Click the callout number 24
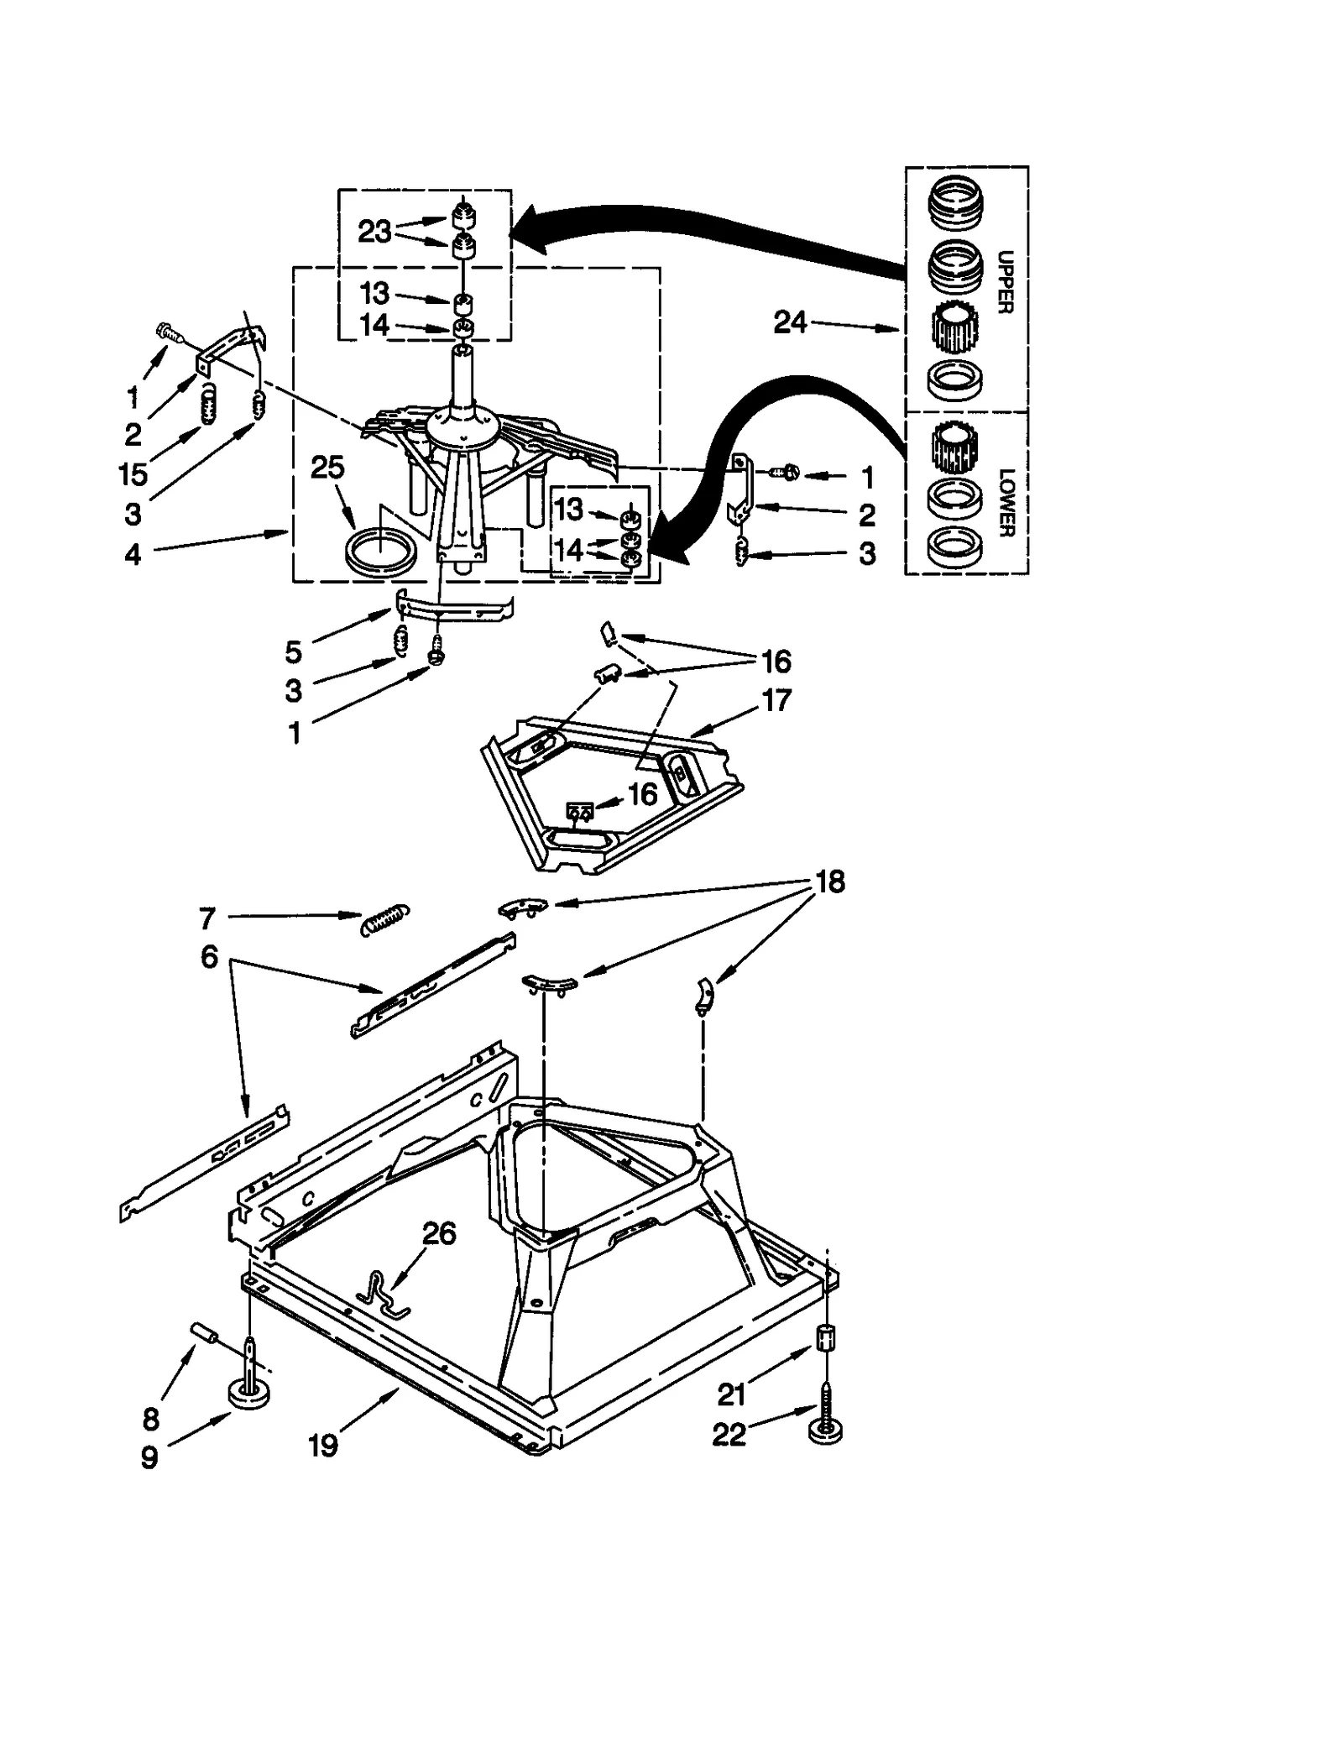coord(789,322)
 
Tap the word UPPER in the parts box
coord(1006,282)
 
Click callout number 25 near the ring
coord(327,467)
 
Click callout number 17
coord(776,699)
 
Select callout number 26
coord(438,1233)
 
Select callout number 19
coord(322,1445)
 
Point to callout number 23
coord(374,231)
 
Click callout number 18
coord(829,881)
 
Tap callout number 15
coord(133,474)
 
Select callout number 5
coord(293,651)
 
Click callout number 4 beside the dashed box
coord(133,554)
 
